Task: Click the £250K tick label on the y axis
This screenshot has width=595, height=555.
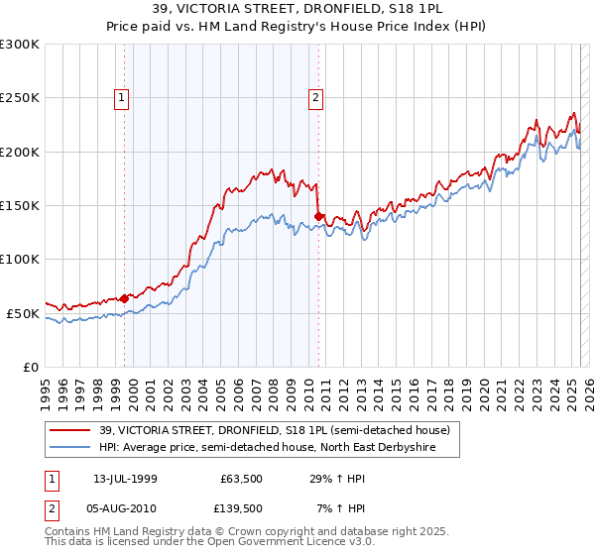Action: (x=20, y=98)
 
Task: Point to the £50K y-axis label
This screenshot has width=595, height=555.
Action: (x=23, y=313)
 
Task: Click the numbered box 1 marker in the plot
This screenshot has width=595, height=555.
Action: (x=121, y=97)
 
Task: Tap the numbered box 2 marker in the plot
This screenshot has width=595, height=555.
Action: (x=315, y=97)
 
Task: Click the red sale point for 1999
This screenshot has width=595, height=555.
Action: (x=125, y=297)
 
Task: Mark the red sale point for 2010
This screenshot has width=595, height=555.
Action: (x=318, y=216)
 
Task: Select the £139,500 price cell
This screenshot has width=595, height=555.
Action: (x=239, y=507)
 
